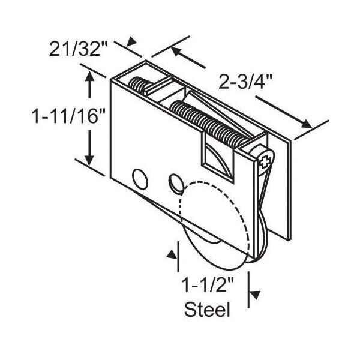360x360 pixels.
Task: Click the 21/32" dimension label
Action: click(x=78, y=49)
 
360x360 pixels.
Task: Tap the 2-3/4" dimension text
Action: click(x=245, y=82)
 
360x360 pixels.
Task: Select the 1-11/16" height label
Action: click(x=68, y=116)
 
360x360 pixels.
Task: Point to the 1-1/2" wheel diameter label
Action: click(x=208, y=284)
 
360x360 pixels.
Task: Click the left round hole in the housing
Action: click(x=140, y=179)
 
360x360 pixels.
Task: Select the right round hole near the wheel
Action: click(x=176, y=182)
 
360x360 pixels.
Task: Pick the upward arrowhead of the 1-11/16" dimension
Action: click(x=89, y=77)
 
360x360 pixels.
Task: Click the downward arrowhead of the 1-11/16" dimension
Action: click(x=89, y=160)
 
